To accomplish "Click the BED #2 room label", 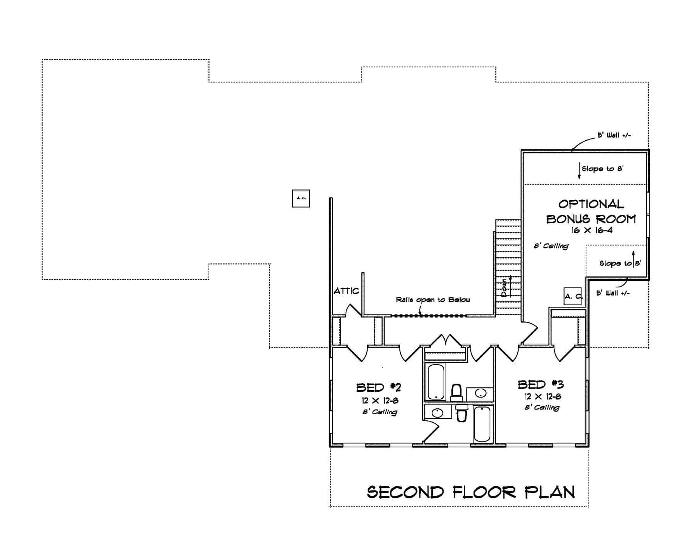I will (378, 387).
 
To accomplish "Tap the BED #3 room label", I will (541, 384).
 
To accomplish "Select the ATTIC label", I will (346, 291).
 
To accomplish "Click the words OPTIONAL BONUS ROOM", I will (591, 211).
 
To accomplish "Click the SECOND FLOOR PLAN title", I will (471, 492).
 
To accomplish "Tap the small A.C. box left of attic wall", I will (301, 198).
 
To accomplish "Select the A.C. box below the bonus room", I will (573, 296).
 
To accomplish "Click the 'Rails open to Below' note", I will (433, 299).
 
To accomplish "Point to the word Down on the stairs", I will (504, 288).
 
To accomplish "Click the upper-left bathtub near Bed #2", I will (436, 381).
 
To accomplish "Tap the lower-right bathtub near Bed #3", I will (482, 423).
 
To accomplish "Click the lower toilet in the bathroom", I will (461, 414).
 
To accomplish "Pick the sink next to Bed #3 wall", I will (480, 394).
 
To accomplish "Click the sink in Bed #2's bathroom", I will (437, 412).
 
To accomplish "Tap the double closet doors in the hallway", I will (447, 342).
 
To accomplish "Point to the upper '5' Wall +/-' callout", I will (614, 135).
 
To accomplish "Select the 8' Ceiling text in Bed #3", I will (542, 407).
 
